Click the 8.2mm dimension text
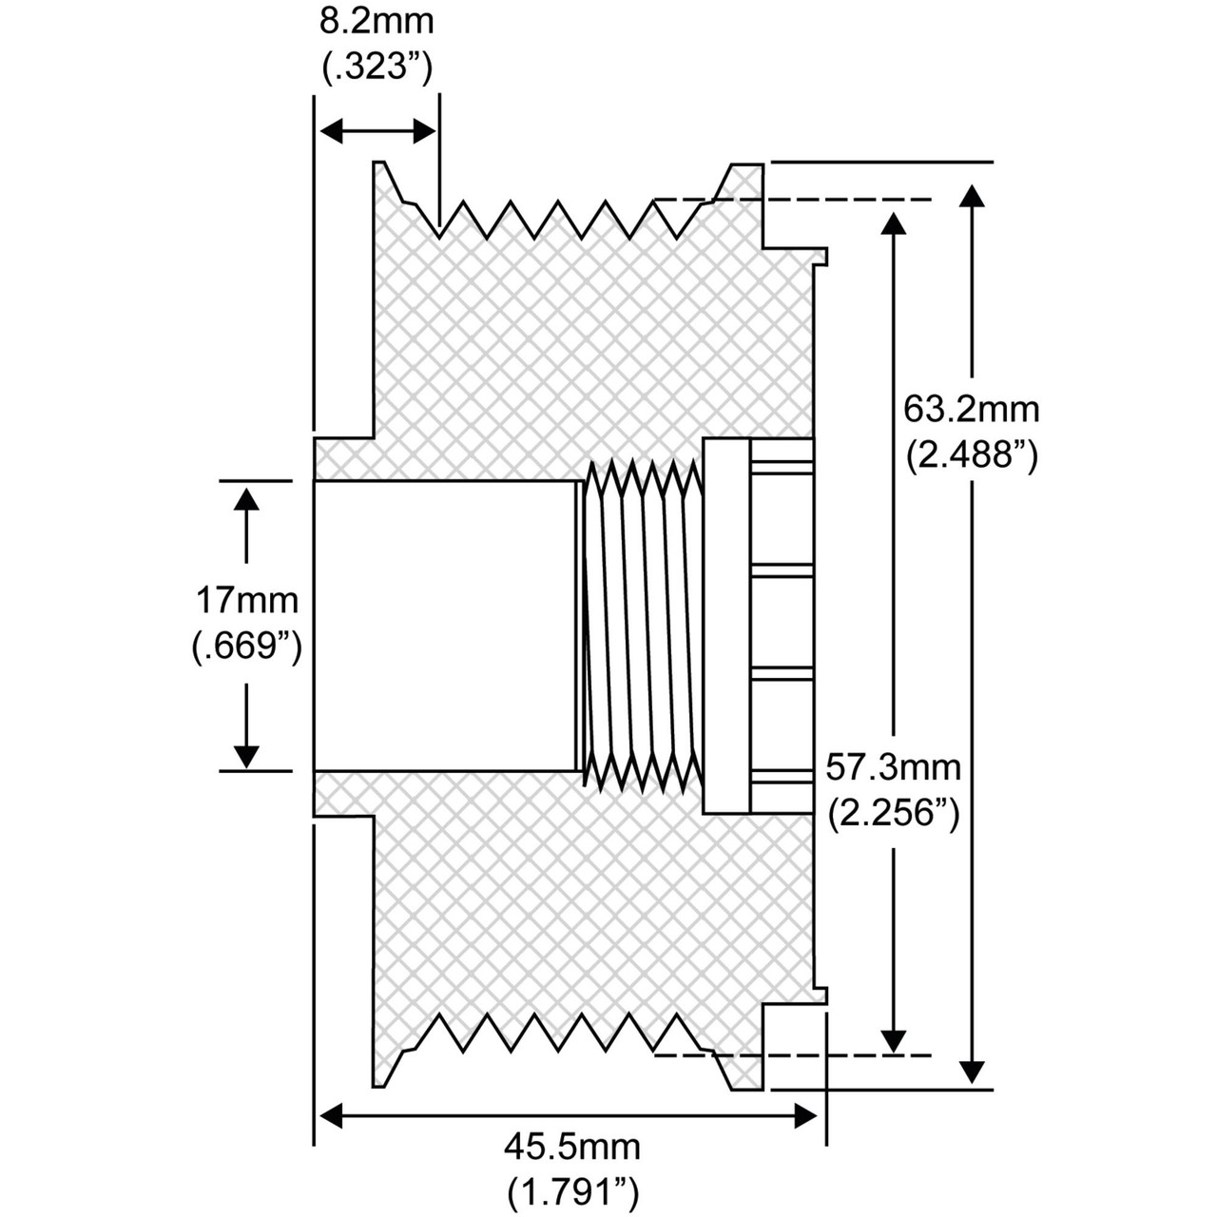pyautogui.click(x=377, y=22)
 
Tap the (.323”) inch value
pyautogui.click(x=377, y=67)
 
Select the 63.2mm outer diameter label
pyautogui.click(x=971, y=410)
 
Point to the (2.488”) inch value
pyautogui.click(x=972, y=454)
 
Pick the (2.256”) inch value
pyautogui.click(x=894, y=813)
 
